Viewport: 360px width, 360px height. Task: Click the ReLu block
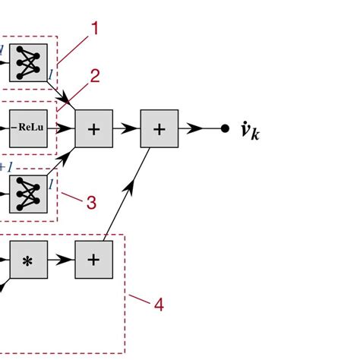point(28,128)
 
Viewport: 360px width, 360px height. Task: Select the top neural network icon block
point(28,62)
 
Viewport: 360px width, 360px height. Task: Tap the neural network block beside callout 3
point(28,194)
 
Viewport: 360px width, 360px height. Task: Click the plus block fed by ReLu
point(93,128)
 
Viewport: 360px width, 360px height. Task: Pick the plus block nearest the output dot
point(159,128)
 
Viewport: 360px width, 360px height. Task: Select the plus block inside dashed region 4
point(93,259)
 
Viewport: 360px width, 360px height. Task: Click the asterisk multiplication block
point(28,259)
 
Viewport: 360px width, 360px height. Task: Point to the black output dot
point(225,128)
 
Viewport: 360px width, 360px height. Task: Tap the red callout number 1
point(95,29)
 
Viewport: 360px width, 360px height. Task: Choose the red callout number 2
point(95,76)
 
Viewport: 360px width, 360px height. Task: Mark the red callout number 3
point(90,202)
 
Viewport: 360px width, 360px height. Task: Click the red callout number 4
point(158,305)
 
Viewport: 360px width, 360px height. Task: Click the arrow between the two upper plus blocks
point(126,128)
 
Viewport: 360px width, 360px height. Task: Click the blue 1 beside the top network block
point(50,74)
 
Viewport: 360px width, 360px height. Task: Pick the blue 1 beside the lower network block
point(50,183)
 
